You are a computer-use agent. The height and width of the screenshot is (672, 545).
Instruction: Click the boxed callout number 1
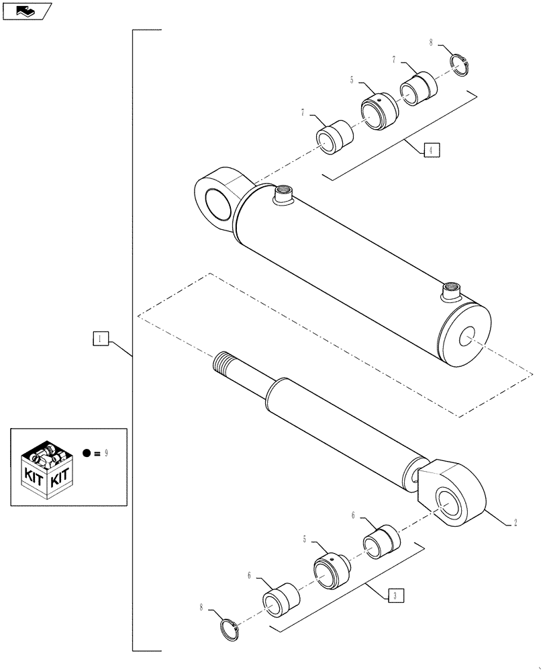pos(99,339)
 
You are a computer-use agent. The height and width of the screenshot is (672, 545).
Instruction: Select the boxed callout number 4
pos(431,150)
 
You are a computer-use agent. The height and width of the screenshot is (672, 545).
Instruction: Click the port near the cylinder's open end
pos(450,293)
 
